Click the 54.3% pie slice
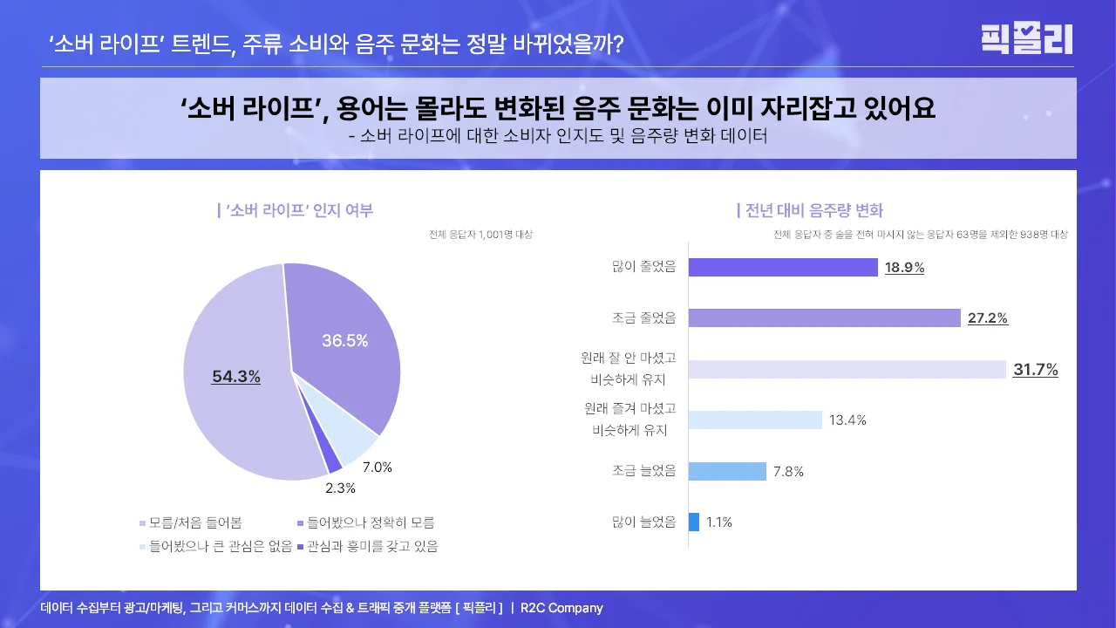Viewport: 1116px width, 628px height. (x=235, y=410)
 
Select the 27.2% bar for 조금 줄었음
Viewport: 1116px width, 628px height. (x=824, y=317)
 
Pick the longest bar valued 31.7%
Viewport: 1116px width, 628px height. (x=847, y=369)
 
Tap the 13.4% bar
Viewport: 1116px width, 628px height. (x=755, y=420)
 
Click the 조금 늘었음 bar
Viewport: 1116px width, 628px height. (x=727, y=471)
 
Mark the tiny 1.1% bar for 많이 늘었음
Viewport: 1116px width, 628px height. (x=694, y=522)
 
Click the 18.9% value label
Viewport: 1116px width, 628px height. (x=904, y=268)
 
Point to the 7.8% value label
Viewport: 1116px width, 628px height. (x=788, y=472)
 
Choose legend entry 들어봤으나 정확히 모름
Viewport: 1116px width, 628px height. (x=370, y=522)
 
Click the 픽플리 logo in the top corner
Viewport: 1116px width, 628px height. (x=1026, y=39)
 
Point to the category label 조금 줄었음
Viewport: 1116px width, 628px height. (x=644, y=317)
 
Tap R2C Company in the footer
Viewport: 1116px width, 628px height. (x=561, y=608)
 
